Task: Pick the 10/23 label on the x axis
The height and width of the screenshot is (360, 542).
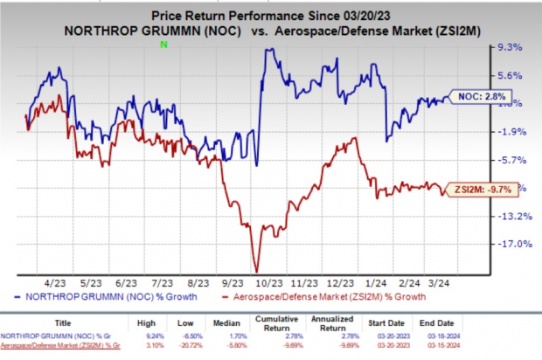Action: (x=268, y=284)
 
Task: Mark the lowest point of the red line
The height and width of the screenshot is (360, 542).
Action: (x=256, y=271)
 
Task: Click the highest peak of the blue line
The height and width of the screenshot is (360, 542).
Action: (x=266, y=50)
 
